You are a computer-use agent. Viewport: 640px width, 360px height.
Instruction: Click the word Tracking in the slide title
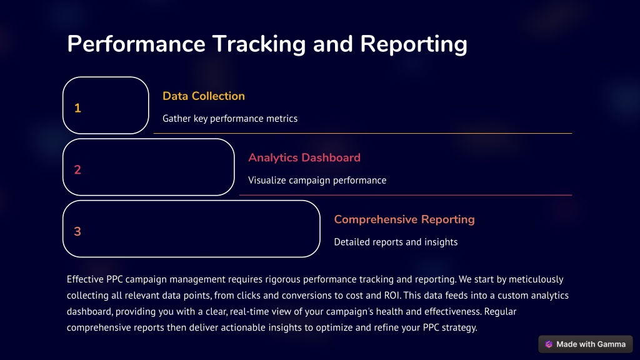tap(259, 45)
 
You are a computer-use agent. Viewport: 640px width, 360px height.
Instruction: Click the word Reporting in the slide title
tap(414, 45)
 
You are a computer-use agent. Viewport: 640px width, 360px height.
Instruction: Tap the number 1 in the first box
tap(77, 108)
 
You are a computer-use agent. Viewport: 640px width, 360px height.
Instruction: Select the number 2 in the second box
tap(77, 170)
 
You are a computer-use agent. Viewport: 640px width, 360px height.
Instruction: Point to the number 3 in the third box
tap(77, 231)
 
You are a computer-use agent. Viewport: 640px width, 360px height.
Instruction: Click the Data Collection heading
tap(204, 96)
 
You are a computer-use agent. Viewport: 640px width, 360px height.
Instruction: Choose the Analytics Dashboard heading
tap(304, 157)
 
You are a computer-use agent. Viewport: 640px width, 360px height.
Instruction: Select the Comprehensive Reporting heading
tap(404, 219)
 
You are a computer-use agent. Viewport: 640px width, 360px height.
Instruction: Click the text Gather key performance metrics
tap(230, 119)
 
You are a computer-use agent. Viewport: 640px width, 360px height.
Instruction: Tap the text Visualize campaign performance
tap(317, 181)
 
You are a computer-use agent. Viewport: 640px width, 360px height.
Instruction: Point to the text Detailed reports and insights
tap(396, 242)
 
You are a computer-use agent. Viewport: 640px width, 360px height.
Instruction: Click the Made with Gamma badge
tap(585, 344)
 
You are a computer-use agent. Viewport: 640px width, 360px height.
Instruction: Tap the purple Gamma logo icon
tap(549, 344)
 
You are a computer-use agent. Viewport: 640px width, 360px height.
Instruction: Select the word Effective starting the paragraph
tap(85, 279)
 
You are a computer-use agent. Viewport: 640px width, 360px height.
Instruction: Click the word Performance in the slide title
tap(136, 45)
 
